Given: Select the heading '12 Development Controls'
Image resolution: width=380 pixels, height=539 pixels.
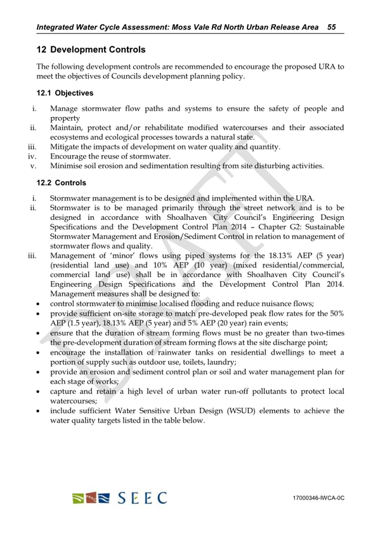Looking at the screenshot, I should [x=91, y=49].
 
